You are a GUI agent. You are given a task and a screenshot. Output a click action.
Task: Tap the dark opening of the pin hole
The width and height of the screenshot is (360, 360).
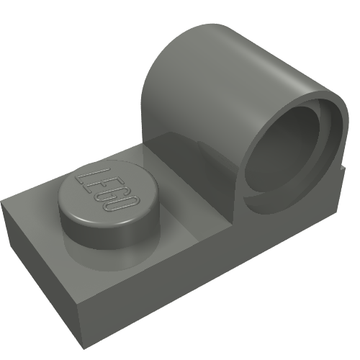pos(282,150)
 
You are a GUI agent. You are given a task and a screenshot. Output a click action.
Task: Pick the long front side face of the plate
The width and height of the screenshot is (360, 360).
pos(207,267)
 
